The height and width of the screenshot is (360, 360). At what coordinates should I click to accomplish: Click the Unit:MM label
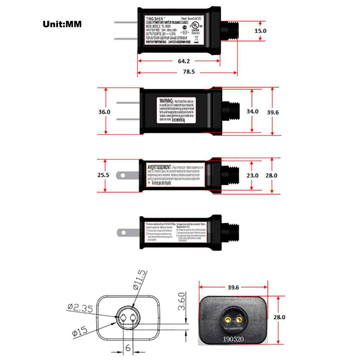pyautogui.click(x=62, y=24)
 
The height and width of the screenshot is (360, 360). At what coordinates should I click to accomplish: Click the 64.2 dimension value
pyautogui.click(x=184, y=61)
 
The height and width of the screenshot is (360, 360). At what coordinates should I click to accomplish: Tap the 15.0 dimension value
pyautogui.click(x=261, y=31)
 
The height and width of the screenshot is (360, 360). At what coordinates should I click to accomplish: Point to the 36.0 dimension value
pyautogui.click(x=104, y=112)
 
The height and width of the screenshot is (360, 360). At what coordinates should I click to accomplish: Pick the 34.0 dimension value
pyautogui.click(x=252, y=111)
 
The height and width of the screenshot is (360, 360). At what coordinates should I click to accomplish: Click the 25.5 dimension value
pyautogui.click(x=103, y=175)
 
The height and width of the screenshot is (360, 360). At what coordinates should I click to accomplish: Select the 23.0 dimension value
pyautogui.click(x=252, y=175)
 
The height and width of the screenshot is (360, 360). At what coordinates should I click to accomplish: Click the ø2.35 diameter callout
pyautogui.click(x=80, y=308)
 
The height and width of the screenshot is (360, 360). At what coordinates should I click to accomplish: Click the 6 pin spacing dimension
pyautogui.click(x=128, y=348)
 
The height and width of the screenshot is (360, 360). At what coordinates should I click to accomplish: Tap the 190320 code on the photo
pyautogui.click(x=233, y=338)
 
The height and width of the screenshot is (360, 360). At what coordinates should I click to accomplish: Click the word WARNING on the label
pyautogui.click(x=166, y=100)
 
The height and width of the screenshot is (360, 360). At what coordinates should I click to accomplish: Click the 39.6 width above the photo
pyautogui.click(x=233, y=287)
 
